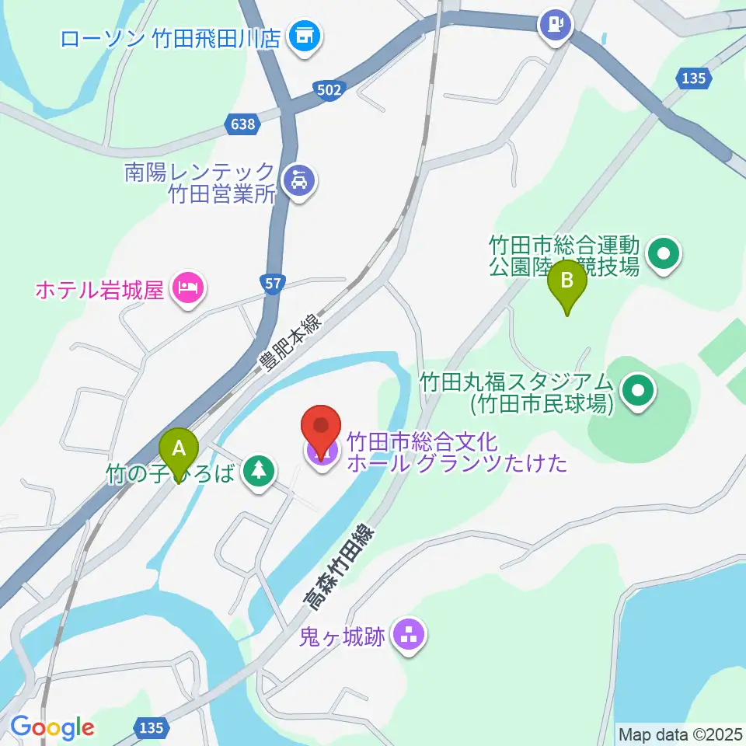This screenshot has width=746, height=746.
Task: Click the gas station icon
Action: (x=556, y=23)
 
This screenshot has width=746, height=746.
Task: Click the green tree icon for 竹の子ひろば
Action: (x=257, y=471)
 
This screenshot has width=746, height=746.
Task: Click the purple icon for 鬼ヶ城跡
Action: (x=409, y=636)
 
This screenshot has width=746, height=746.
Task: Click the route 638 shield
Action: (x=243, y=123)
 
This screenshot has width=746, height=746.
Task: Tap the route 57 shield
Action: (x=273, y=284)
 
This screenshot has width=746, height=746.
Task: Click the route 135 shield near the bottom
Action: (x=152, y=727)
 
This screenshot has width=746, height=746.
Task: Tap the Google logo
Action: (x=52, y=727)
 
